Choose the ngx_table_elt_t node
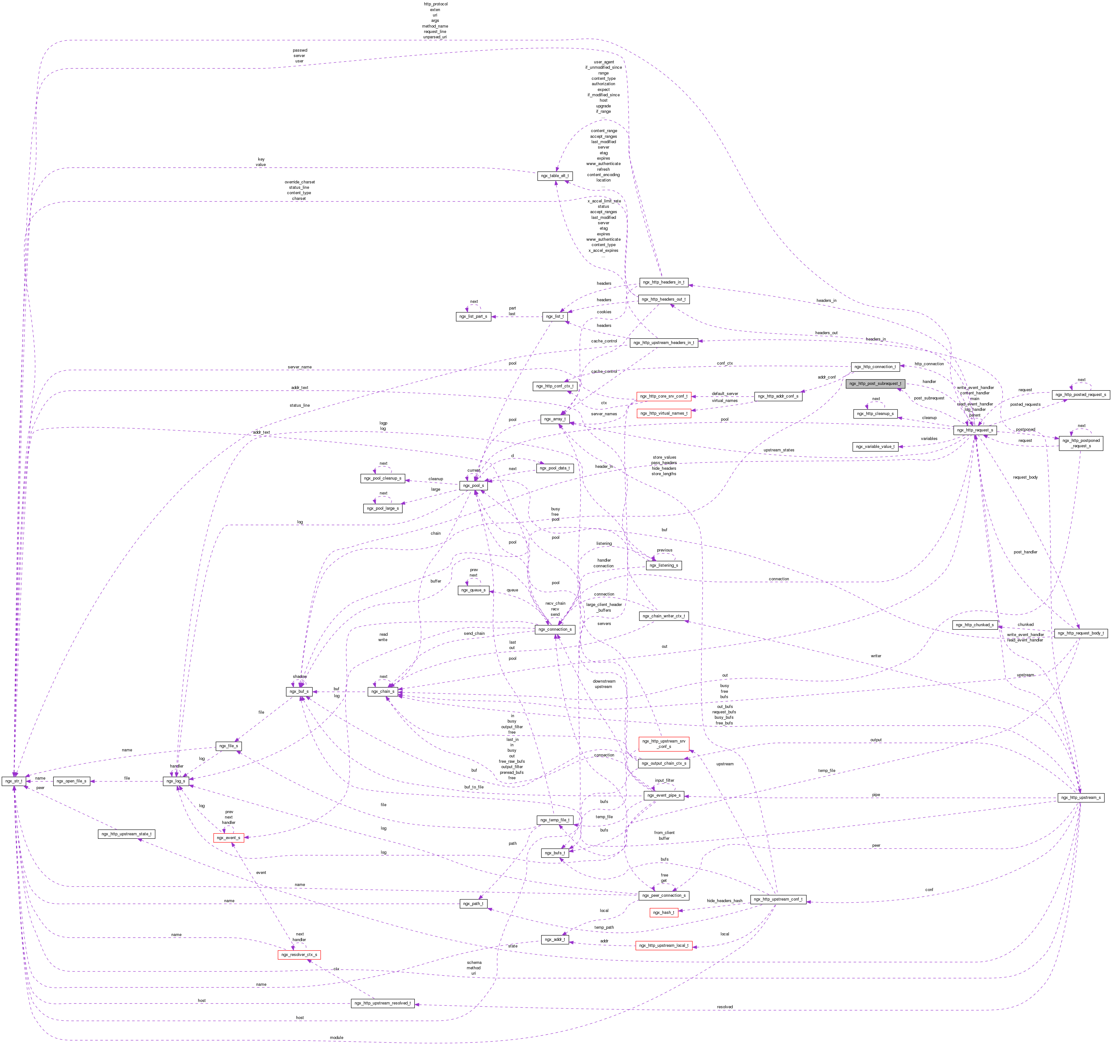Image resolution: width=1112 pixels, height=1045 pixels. coord(555,176)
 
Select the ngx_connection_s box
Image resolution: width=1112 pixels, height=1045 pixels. coord(555,629)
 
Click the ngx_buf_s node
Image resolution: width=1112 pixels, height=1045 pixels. coord(299,691)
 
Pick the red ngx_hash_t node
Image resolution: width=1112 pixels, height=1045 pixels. coord(664,912)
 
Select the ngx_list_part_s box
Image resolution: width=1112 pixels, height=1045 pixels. coord(473,316)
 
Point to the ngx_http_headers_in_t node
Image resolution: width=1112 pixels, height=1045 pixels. coord(663,282)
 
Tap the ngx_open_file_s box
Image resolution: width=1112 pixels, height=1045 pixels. coord(72,781)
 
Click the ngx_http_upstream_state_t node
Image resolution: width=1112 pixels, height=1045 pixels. coord(126,834)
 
